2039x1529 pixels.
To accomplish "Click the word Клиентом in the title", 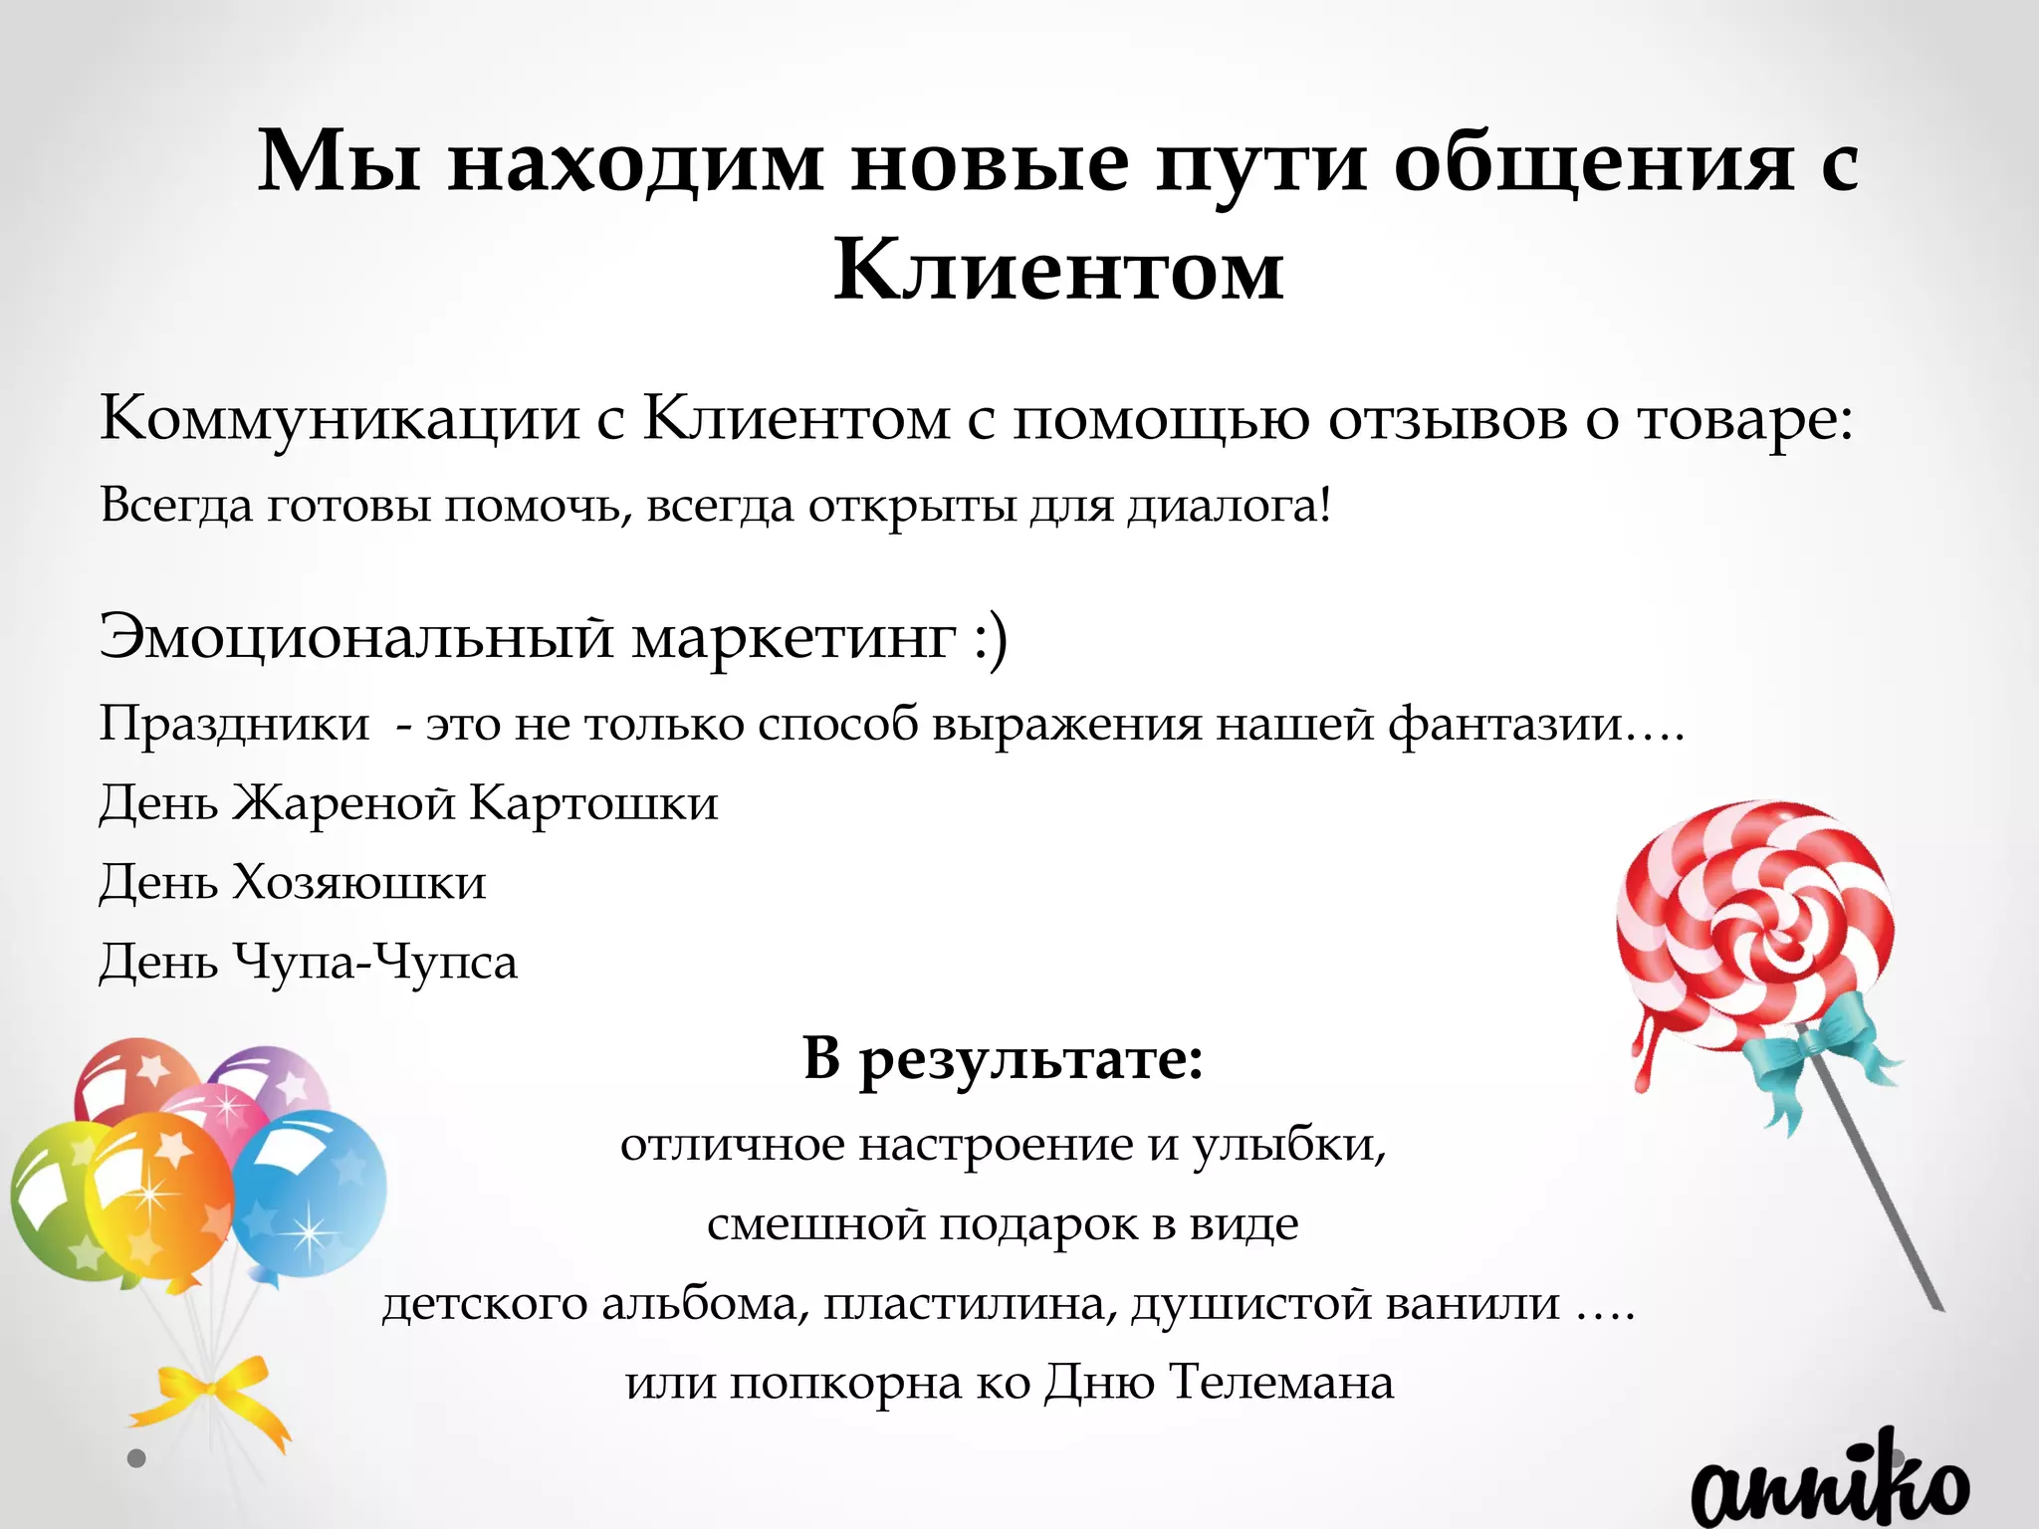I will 1058,270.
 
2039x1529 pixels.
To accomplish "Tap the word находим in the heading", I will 635,162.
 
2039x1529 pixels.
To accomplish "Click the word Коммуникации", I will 339,418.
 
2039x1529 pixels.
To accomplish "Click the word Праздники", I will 234,724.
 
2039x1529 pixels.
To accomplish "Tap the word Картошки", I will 593,802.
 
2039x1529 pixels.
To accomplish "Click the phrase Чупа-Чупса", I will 375,962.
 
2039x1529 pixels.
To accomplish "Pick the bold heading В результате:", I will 1004,1059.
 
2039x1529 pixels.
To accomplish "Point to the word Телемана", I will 1281,1383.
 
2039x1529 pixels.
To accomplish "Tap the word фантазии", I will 1505,724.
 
